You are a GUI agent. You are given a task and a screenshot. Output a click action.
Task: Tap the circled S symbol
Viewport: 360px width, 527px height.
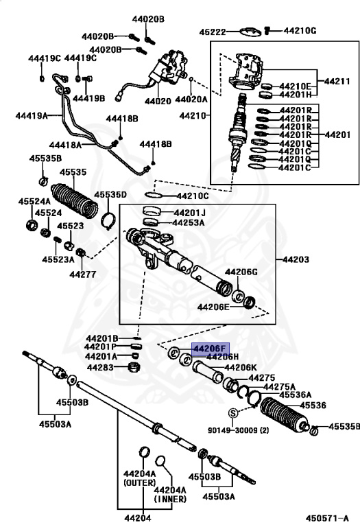[x=232, y=412]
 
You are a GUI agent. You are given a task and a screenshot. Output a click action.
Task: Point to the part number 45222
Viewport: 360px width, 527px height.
[x=213, y=32]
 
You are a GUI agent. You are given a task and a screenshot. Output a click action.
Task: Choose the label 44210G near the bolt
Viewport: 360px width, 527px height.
[x=300, y=31]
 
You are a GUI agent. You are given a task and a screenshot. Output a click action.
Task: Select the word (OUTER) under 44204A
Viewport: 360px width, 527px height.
[x=140, y=483]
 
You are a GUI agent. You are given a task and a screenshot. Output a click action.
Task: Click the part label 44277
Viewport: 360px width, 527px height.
[x=84, y=274]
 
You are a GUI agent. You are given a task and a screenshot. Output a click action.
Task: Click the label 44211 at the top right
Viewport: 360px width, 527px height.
[x=337, y=81]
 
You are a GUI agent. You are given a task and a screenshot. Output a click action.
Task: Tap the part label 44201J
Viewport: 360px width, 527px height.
[x=189, y=213]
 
